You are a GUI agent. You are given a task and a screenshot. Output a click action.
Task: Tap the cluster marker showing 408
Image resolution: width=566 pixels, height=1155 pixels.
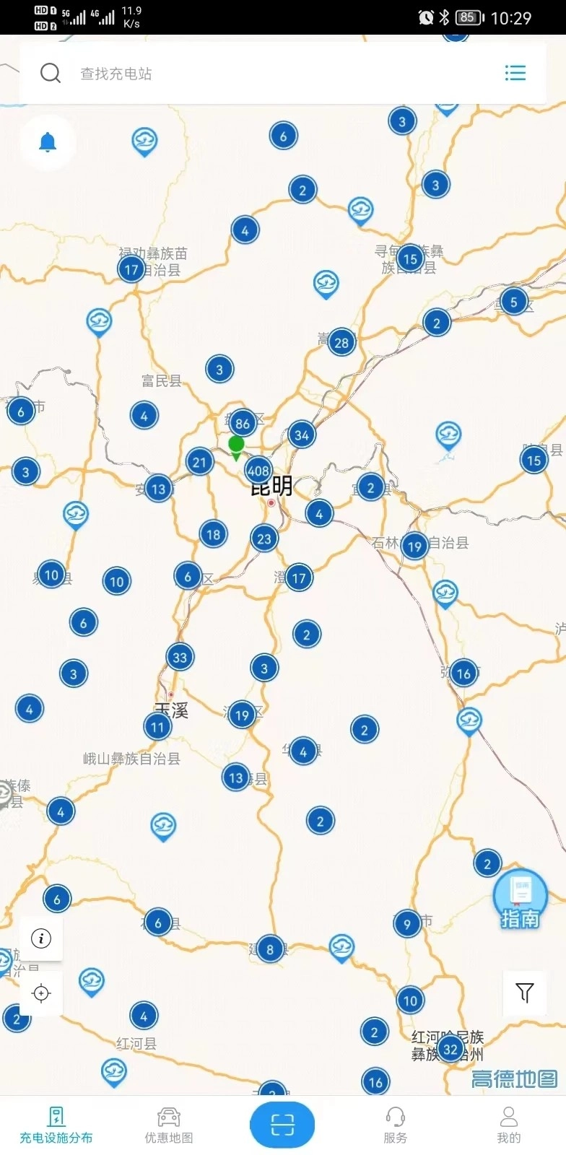tap(258, 471)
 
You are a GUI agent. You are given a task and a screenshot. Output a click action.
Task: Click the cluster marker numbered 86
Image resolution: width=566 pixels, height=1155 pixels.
tap(243, 423)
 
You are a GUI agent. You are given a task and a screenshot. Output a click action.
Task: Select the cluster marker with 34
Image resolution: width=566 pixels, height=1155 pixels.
tap(302, 435)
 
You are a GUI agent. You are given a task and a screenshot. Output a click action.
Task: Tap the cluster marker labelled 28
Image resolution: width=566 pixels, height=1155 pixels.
tap(341, 342)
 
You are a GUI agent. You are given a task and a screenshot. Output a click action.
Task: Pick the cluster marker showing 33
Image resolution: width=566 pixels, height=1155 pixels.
tap(180, 657)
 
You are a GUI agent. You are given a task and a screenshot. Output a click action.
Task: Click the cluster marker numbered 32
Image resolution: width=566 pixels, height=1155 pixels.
tap(450, 1049)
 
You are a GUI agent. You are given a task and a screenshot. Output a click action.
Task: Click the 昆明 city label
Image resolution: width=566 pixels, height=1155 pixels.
tap(271, 487)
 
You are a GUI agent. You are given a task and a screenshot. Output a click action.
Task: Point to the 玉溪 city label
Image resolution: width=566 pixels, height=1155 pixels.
tap(172, 710)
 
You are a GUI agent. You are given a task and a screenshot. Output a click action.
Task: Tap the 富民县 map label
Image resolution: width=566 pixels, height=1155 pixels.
tap(161, 380)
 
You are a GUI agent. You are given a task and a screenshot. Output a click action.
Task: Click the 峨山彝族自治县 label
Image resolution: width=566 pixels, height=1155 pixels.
tap(131, 759)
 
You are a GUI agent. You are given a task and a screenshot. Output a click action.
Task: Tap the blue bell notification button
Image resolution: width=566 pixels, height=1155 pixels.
tap(48, 142)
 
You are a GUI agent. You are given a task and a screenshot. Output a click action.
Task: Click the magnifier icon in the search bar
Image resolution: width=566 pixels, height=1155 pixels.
tap(51, 73)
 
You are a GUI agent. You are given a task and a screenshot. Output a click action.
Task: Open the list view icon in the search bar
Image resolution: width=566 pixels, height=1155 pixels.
tap(515, 73)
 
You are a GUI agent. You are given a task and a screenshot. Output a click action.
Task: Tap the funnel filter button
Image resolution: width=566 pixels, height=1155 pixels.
tap(524, 993)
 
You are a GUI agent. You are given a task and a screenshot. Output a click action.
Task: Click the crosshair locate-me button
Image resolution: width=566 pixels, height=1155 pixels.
tap(41, 993)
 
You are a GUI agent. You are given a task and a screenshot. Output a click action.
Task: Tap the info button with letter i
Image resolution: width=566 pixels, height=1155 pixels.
tap(41, 938)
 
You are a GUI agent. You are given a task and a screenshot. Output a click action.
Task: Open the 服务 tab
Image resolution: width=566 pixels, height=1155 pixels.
tap(395, 1125)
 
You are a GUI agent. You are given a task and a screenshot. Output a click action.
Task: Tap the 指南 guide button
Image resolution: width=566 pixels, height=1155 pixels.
tap(520, 899)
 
